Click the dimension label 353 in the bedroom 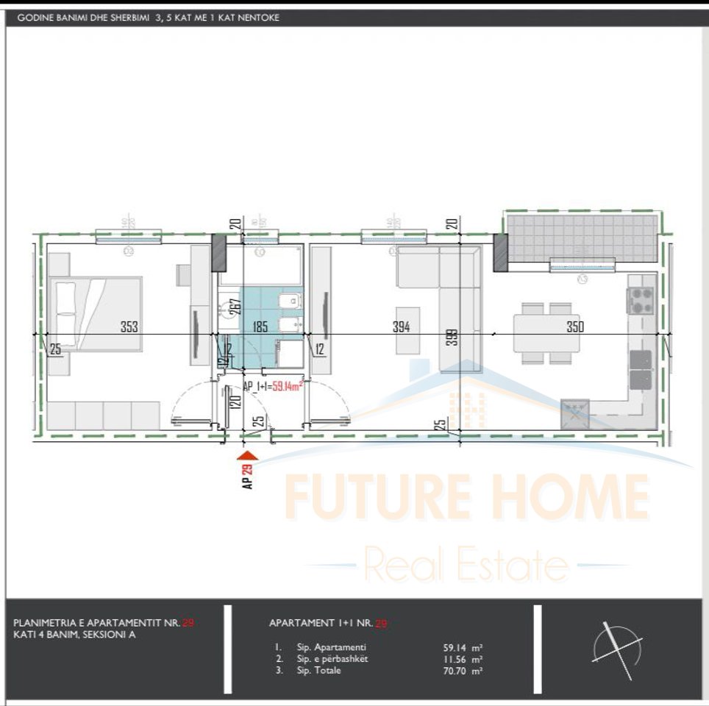coord(129,327)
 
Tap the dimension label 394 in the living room coord(402,327)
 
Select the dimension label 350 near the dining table coord(575,327)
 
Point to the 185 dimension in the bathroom coord(260,327)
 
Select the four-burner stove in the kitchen coord(641,300)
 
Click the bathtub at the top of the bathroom coord(261,265)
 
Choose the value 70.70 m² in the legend coord(463,671)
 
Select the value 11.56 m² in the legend coord(463,659)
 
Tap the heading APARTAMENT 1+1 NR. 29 coord(327,624)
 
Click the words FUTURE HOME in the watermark coord(466,497)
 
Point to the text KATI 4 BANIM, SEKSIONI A coord(74,635)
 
